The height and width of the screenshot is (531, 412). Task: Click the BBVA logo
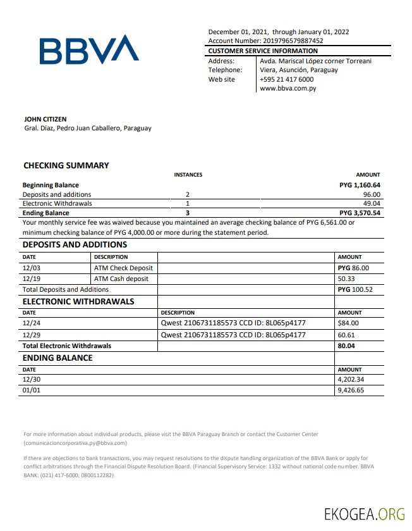pyautogui.click(x=89, y=49)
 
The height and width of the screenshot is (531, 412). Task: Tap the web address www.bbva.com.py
pyautogui.click(x=288, y=89)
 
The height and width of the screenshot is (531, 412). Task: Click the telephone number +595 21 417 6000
pyautogui.click(x=286, y=79)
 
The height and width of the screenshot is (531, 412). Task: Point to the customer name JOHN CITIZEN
pyautogui.click(x=45, y=119)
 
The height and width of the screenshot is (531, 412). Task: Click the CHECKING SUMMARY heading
pyautogui.click(x=66, y=165)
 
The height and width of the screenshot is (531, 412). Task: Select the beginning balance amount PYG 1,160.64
pyautogui.click(x=360, y=185)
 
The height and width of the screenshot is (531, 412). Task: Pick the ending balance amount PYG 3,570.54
pyautogui.click(x=360, y=213)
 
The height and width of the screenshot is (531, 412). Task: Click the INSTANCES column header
pyautogui.click(x=188, y=175)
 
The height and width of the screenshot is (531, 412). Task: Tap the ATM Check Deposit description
pyautogui.click(x=123, y=268)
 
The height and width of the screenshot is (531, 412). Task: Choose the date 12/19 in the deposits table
pyautogui.click(x=31, y=278)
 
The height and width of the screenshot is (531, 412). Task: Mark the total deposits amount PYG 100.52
pyautogui.click(x=355, y=289)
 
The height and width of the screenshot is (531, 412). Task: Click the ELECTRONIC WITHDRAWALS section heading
pyautogui.click(x=78, y=301)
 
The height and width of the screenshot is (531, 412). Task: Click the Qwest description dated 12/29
pyautogui.click(x=233, y=335)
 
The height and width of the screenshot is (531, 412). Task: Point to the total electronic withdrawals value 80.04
pyautogui.click(x=346, y=346)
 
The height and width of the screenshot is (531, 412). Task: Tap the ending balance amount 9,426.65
pyautogui.click(x=351, y=390)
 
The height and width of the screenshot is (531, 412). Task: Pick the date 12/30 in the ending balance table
pyautogui.click(x=31, y=380)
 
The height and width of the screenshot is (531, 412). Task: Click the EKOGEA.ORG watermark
pyautogui.click(x=364, y=514)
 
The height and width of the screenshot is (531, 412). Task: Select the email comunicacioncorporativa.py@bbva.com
pyautogui.click(x=75, y=444)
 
